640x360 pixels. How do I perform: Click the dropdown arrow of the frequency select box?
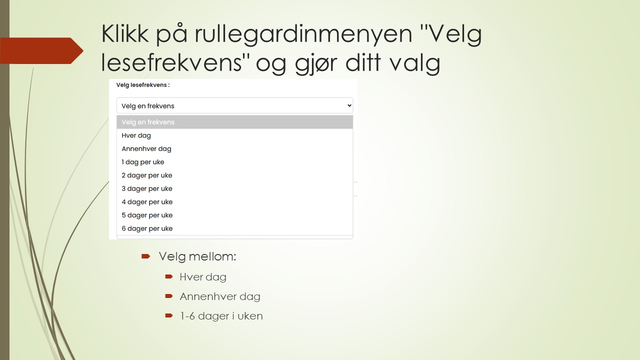tap(349, 105)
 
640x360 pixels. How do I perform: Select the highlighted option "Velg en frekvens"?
tap(148, 122)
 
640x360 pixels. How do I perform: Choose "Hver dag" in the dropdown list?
tap(136, 135)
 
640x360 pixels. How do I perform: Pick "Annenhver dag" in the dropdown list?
tap(146, 148)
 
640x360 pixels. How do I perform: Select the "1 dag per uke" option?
tap(143, 162)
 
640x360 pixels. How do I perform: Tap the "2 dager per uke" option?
tap(147, 175)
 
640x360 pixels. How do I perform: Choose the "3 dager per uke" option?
tap(147, 188)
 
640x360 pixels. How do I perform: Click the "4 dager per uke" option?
tap(147, 202)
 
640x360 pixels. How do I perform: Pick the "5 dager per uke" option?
tap(147, 215)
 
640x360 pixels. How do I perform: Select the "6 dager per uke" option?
tap(147, 228)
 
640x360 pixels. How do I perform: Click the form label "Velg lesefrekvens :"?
tap(143, 85)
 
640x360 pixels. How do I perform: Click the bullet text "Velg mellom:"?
tap(197, 256)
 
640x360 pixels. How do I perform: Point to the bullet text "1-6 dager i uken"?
tap(221, 316)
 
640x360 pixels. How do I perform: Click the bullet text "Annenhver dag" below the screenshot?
tap(220, 296)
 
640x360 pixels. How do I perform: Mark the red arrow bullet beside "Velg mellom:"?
tap(145, 256)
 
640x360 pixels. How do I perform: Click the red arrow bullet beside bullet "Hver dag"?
tap(169, 276)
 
